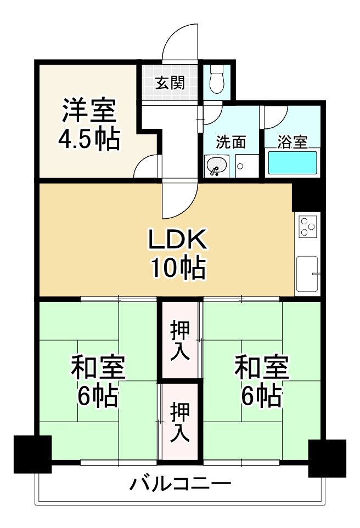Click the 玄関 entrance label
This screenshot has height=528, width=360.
coord(169,84)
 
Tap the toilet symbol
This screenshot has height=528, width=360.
coord(217,80)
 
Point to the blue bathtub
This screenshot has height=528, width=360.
coord(292,163)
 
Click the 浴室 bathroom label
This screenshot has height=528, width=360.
coord(292,143)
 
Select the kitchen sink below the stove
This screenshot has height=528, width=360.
coord(307,274)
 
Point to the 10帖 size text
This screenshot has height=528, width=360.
coord(178,268)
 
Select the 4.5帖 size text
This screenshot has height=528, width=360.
coord(88,140)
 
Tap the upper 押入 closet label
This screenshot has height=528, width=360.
coord(180,340)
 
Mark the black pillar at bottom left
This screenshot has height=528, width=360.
coord(32,453)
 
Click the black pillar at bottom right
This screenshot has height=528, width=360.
coord(327,458)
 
